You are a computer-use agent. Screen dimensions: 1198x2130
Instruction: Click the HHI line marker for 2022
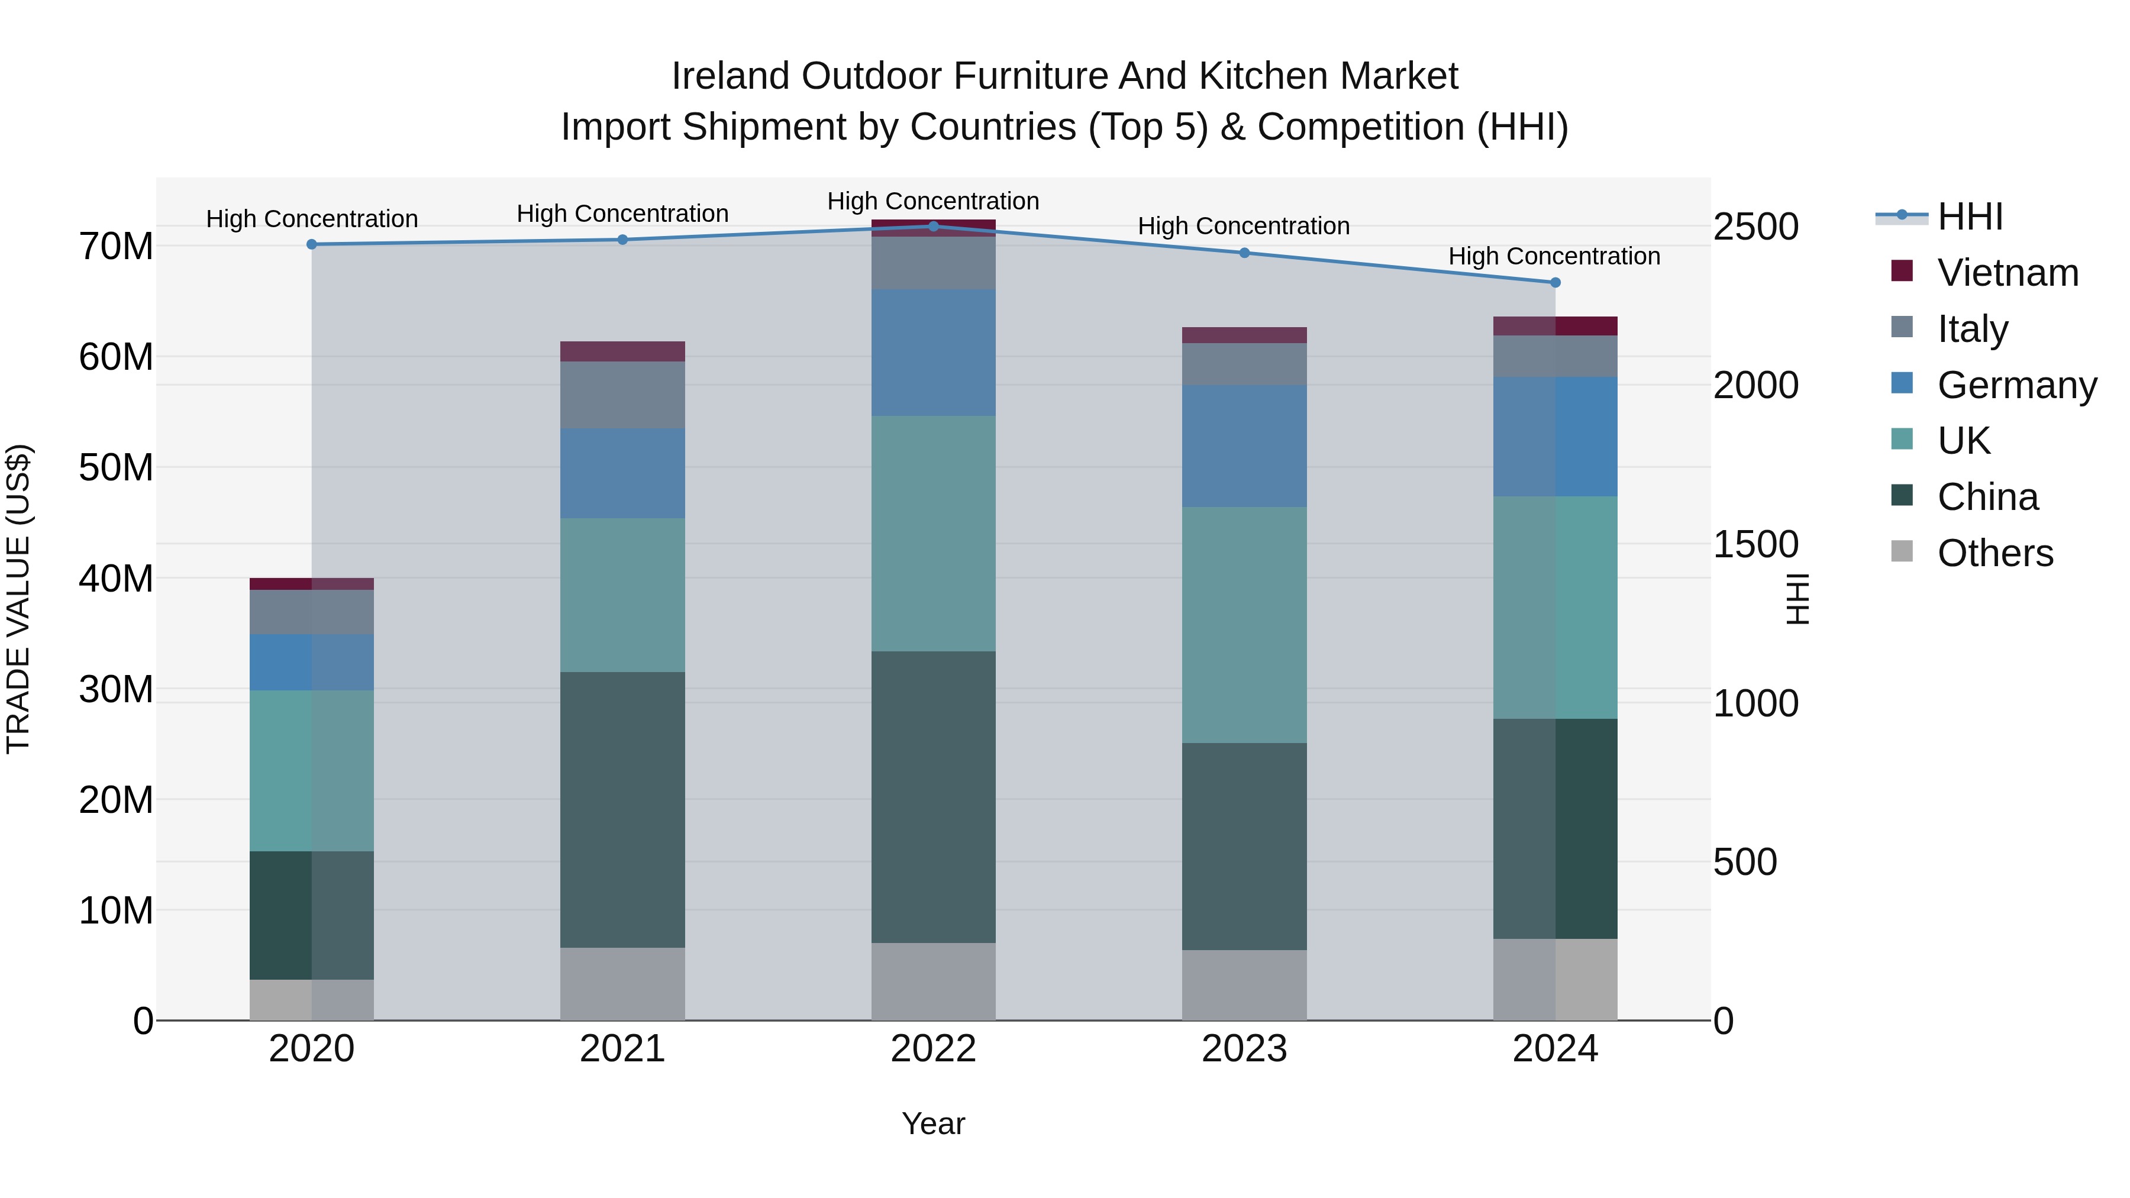pyautogui.click(x=934, y=226)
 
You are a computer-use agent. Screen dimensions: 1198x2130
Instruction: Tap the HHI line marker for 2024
pyautogui.click(x=1554, y=283)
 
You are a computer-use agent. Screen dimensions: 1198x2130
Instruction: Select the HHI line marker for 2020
pyautogui.click(x=312, y=245)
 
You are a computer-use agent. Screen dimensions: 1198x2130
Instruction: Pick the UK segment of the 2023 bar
pyautogui.click(x=1244, y=625)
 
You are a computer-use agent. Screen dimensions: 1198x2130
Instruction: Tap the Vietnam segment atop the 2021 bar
pyautogui.click(x=622, y=351)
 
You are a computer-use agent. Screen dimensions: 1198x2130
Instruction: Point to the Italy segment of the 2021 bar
pyautogui.click(x=622, y=395)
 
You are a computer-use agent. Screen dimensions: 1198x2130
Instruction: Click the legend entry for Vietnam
pyautogui.click(x=2007, y=273)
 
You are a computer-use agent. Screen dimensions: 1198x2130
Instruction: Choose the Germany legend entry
pyautogui.click(x=2016, y=385)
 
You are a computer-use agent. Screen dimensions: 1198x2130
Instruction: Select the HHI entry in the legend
pyautogui.click(x=1970, y=217)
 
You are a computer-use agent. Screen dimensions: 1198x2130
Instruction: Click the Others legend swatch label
pyautogui.click(x=1995, y=553)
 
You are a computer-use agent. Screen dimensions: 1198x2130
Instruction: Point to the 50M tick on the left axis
pyautogui.click(x=116, y=468)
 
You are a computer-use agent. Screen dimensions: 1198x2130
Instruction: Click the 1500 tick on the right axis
pyautogui.click(x=1755, y=545)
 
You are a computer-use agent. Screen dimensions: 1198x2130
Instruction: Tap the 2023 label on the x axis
pyautogui.click(x=1244, y=1049)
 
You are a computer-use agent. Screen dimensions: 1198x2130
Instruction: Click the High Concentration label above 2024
pyautogui.click(x=1554, y=256)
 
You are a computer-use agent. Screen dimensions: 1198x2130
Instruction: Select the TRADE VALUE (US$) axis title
pyautogui.click(x=18, y=599)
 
